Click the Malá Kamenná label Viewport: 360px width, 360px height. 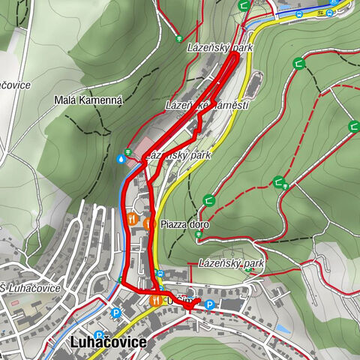pyautogui.click(x=88, y=99)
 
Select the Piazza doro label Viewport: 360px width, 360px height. pyautogui.click(x=184, y=224)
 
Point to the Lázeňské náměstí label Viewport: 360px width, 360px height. pyautogui.click(x=207, y=106)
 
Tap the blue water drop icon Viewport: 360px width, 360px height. pyautogui.click(x=121, y=159)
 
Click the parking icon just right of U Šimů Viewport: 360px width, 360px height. pyautogui.click(x=209, y=305)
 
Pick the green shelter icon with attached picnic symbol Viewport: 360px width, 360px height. pyautogui.click(x=280, y=182)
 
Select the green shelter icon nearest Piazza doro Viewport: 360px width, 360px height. pyautogui.click(x=208, y=201)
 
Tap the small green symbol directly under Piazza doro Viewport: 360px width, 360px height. pyautogui.click(x=198, y=235)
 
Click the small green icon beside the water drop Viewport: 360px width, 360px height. pyautogui.click(x=129, y=152)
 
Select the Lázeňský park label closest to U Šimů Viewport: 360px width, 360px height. pyautogui.click(x=232, y=264)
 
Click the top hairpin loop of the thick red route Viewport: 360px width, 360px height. pyautogui.click(x=235, y=56)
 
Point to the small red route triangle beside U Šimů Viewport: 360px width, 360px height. pyautogui.click(x=189, y=304)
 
